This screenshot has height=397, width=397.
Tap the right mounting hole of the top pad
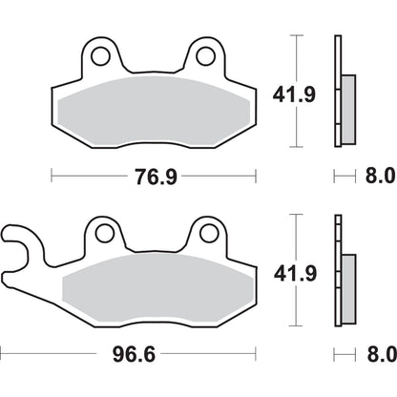click(x=204, y=57)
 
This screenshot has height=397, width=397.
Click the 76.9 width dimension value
click(x=154, y=177)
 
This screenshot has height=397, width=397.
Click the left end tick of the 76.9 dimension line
click(x=51, y=177)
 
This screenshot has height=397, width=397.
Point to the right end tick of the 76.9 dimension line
click(x=257, y=177)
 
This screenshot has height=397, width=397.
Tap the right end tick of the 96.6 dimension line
click(x=257, y=351)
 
